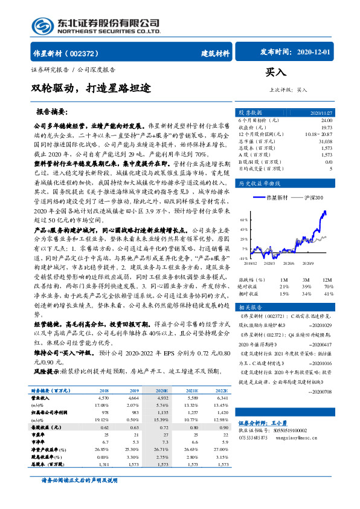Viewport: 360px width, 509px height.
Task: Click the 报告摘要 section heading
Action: (x=69, y=112)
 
